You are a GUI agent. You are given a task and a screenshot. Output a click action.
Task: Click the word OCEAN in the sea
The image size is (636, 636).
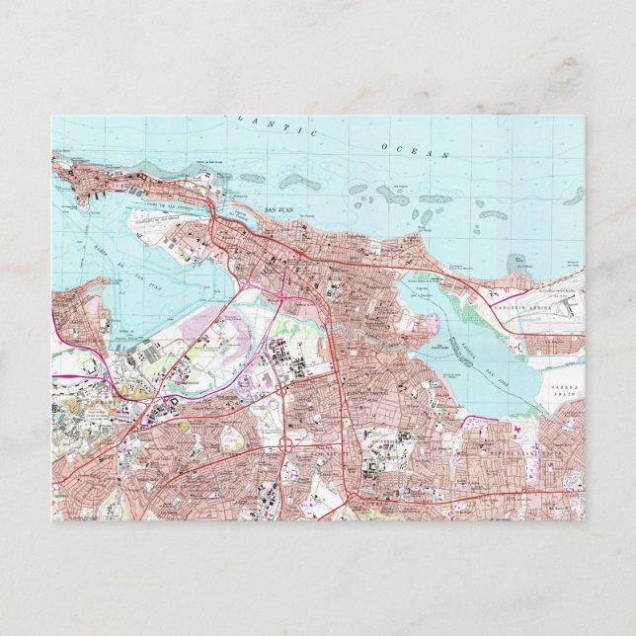[414, 150]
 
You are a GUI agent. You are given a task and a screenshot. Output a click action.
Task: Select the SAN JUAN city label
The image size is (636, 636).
[282, 210]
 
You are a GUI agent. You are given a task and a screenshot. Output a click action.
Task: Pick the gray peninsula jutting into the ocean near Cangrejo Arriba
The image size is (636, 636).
[517, 264]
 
